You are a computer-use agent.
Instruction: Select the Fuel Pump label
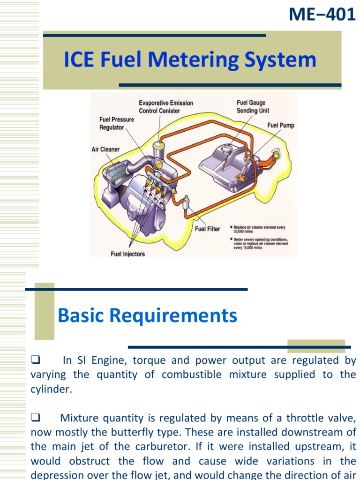coord(281,126)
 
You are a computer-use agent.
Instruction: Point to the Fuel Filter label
coord(207,229)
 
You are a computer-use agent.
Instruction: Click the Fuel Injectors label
coord(127,254)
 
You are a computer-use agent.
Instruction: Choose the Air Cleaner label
coord(105,150)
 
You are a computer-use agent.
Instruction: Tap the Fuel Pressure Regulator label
coord(117,123)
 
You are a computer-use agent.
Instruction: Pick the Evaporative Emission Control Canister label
coord(165,107)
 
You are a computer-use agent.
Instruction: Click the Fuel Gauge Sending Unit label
coord(253,107)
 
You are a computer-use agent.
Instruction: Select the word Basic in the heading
coord(80,316)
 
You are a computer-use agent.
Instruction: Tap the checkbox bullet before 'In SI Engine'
coord(35,360)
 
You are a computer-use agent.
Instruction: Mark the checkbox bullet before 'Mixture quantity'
coord(35,417)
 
